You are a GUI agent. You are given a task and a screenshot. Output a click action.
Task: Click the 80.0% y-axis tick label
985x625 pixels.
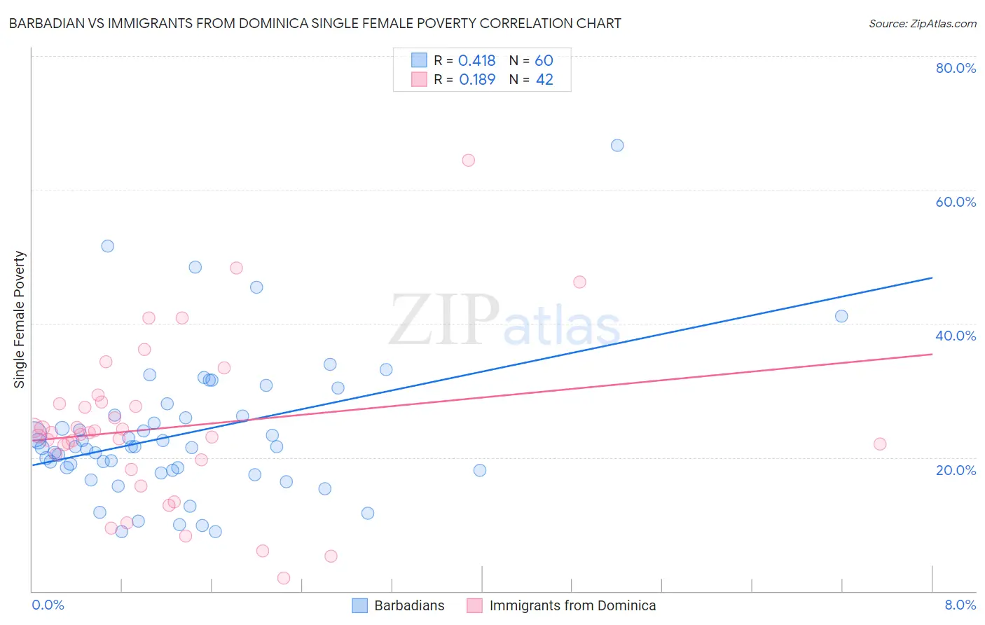click(956, 68)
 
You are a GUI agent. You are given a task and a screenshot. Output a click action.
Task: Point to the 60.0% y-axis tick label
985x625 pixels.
click(956, 202)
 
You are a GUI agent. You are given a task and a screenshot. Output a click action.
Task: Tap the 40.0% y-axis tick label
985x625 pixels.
click(956, 336)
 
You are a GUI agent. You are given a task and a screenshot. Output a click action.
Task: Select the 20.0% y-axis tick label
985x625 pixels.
click(956, 470)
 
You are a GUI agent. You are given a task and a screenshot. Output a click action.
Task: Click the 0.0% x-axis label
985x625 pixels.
click(48, 605)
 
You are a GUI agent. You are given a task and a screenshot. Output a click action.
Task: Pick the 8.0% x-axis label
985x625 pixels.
click(960, 605)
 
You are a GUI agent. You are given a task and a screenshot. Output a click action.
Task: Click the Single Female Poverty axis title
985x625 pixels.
click(20, 320)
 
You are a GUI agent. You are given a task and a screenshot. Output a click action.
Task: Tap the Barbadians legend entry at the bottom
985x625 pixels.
click(409, 605)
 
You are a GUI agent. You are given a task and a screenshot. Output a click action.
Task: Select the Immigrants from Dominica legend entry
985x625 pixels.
click(572, 605)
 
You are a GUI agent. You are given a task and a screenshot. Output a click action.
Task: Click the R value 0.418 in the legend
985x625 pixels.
click(476, 61)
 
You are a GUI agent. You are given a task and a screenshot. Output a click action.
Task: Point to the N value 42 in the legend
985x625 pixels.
click(544, 80)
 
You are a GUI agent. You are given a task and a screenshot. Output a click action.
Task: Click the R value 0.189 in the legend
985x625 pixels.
click(476, 80)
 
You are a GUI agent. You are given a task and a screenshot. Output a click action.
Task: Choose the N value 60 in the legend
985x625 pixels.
click(544, 61)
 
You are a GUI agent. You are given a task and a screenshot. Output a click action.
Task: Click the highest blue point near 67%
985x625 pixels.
click(617, 146)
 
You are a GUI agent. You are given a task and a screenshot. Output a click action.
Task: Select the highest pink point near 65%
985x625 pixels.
click(469, 160)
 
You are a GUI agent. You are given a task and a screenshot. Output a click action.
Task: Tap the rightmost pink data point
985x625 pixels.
click(880, 444)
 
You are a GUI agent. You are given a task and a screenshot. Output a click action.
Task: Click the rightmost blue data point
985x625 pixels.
click(841, 316)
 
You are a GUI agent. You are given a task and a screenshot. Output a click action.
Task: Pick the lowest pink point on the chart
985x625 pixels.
click(284, 578)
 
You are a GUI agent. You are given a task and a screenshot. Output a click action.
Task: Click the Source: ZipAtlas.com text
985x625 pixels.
click(922, 24)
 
